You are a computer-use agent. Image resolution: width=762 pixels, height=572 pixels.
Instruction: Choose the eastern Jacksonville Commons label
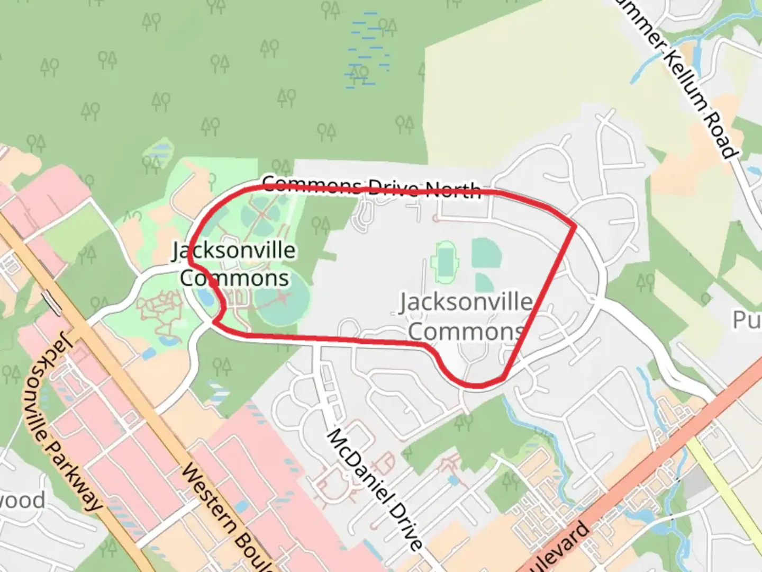pos(466,316)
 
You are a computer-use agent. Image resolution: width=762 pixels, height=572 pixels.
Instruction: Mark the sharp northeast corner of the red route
pos(575,226)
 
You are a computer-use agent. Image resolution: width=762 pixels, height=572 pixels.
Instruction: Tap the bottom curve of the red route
pos(476,384)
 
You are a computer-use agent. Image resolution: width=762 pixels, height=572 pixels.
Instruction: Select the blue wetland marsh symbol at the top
pos(368,50)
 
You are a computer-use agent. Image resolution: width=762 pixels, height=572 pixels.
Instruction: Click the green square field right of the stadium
pos(486,253)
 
